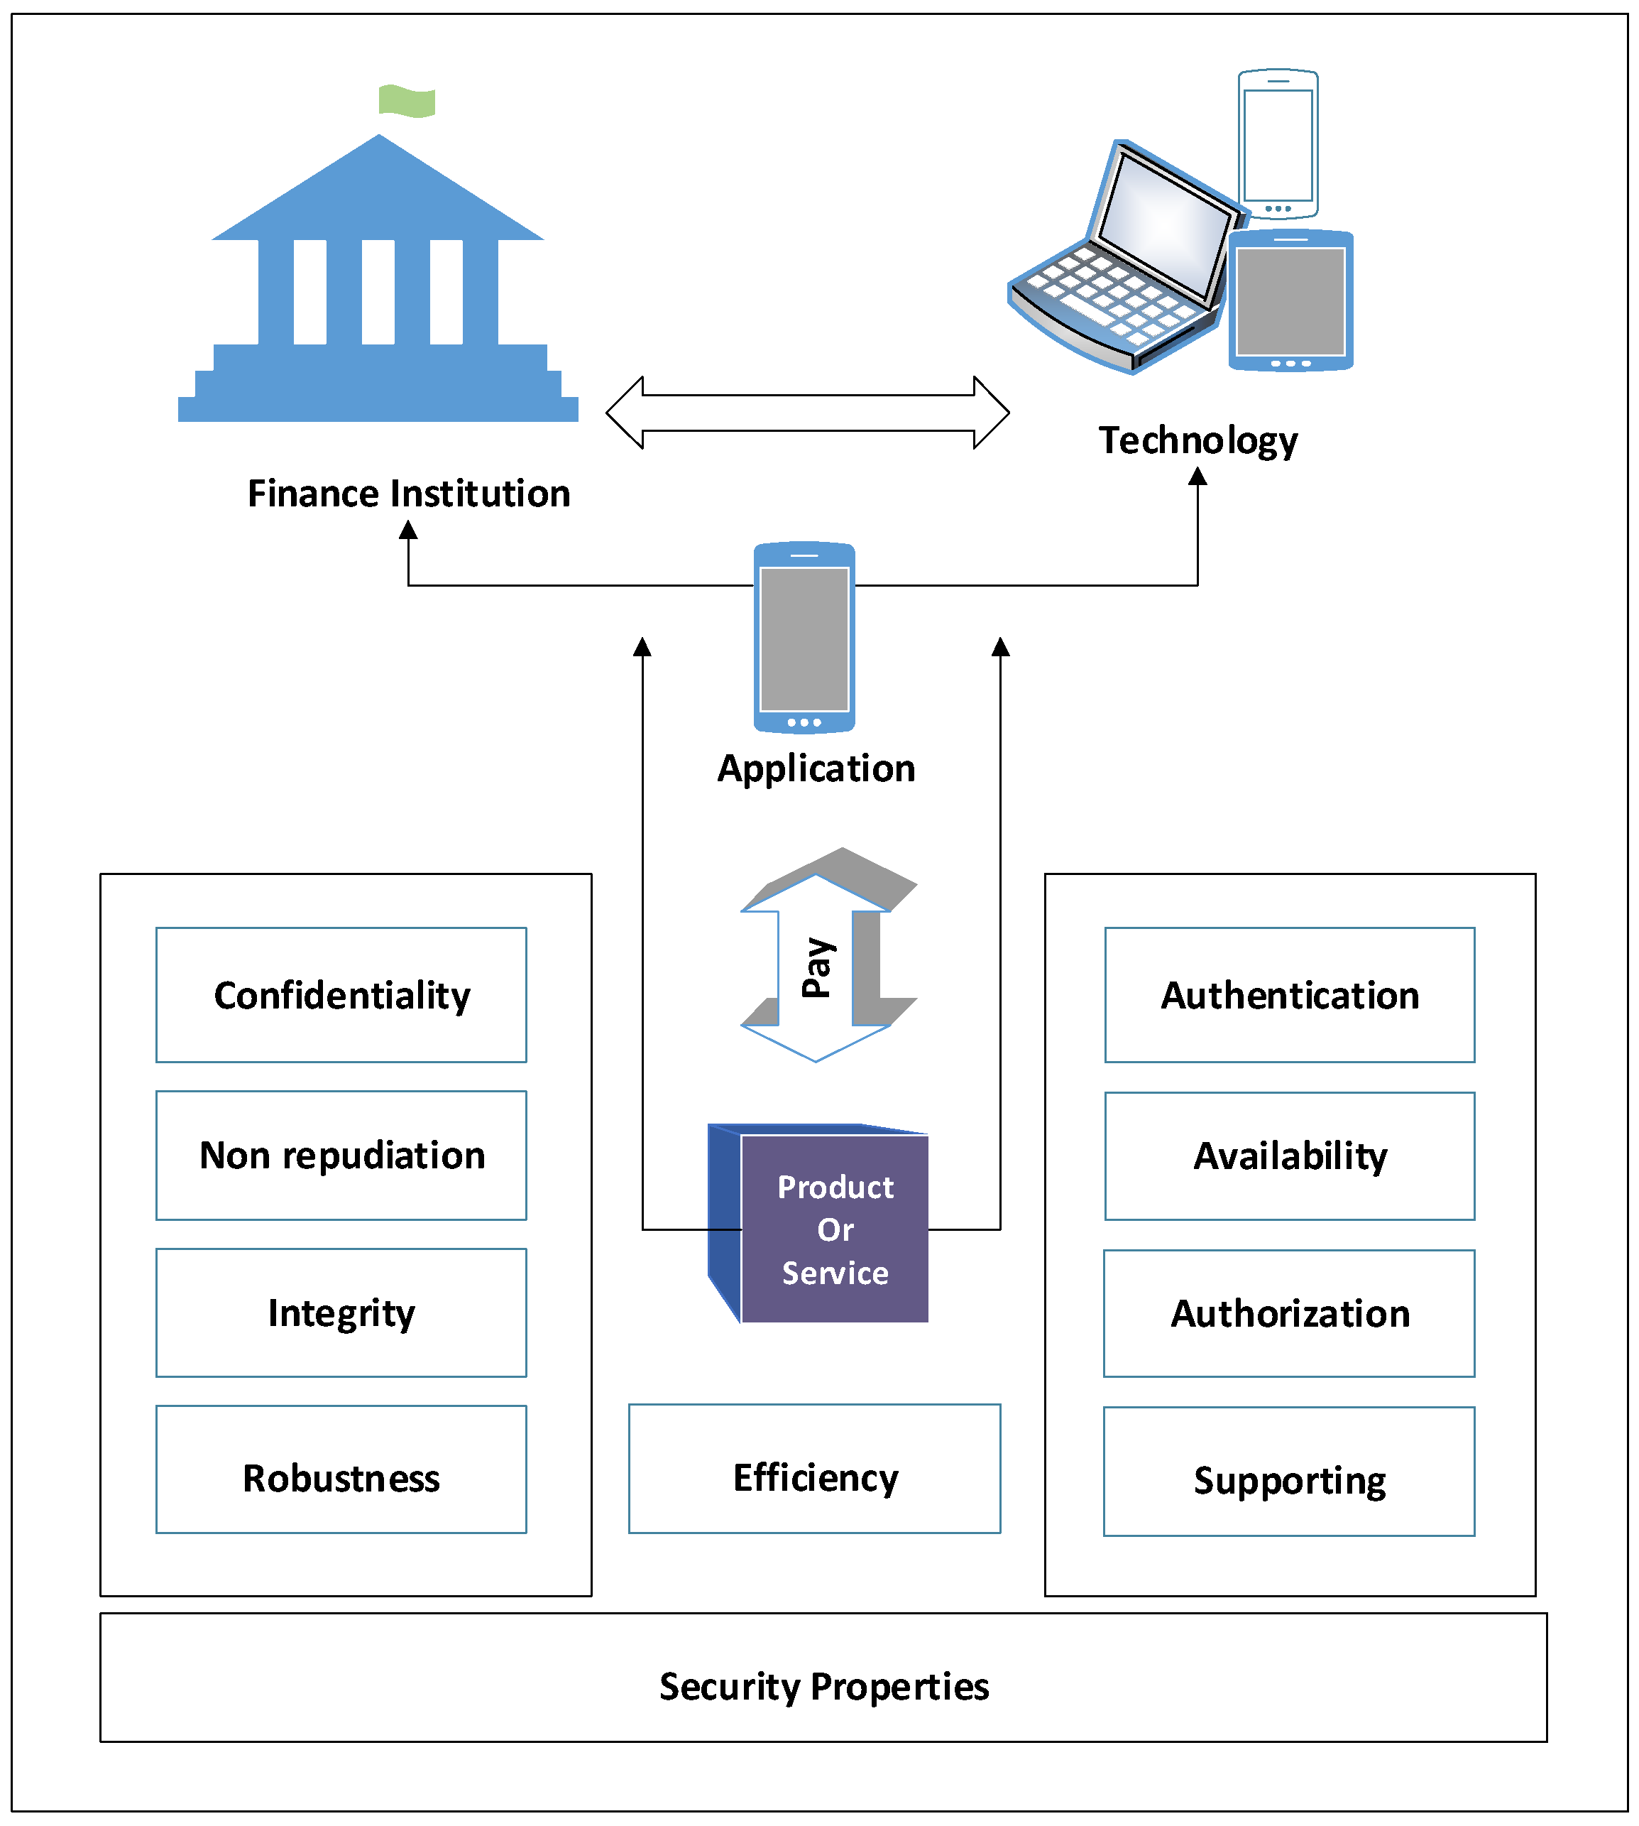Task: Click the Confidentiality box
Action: point(341,994)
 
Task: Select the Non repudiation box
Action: point(341,1155)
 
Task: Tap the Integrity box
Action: point(341,1313)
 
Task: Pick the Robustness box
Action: point(341,1469)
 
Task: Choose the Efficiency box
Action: point(815,1468)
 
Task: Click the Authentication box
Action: point(1290,994)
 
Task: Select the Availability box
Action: point(1290,1156)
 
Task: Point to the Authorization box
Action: point(1290,1313)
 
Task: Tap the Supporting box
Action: point(1290,1471)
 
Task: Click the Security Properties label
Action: point(824,1686)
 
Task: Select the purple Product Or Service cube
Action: point(818,1222)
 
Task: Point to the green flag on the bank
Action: point(407,100)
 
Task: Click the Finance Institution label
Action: point(409,494)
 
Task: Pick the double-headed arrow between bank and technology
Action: point(808,413)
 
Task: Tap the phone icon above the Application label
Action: point(804,637)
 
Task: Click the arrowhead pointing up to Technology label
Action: point(1197,476)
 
